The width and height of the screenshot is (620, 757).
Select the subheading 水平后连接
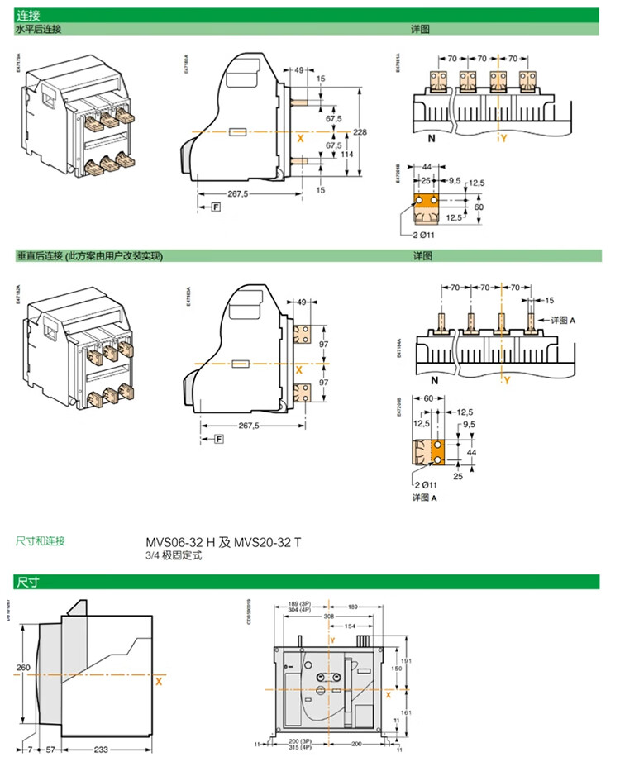point(39,30)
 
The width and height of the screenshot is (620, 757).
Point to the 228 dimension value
point(360,132)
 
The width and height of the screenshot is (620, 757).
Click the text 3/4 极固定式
point(174,556)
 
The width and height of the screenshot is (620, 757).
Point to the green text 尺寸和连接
point(41,541)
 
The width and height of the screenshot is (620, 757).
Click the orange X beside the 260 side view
point(158,682)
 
